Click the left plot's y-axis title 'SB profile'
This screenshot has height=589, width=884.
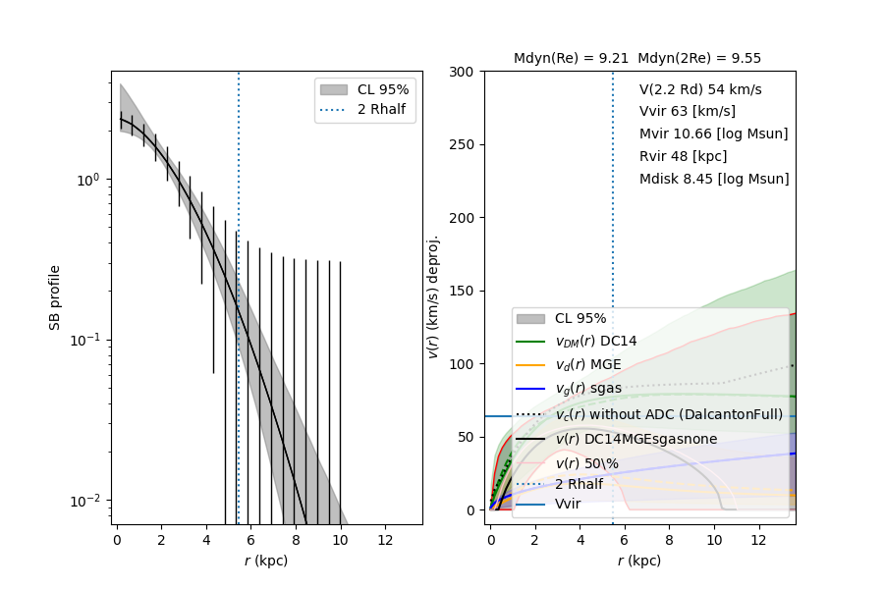(x=56, y=297)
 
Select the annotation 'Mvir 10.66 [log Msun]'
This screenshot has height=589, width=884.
(x=713, y=134)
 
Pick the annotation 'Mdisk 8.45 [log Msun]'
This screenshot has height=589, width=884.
(x=714, y=179)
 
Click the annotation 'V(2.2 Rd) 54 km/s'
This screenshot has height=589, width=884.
(x=700, y=89)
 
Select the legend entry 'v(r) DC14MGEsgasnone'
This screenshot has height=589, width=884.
(x=635, y=439)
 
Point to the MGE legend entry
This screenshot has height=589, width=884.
(x=590, y=365)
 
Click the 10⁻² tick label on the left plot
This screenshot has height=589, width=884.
(x=90, y=501)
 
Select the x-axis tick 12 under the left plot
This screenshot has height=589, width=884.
(x=385, y=541)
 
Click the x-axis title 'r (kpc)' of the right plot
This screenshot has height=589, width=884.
(x=639, y=561)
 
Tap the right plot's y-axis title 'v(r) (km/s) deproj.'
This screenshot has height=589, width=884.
(x=432, y=296)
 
